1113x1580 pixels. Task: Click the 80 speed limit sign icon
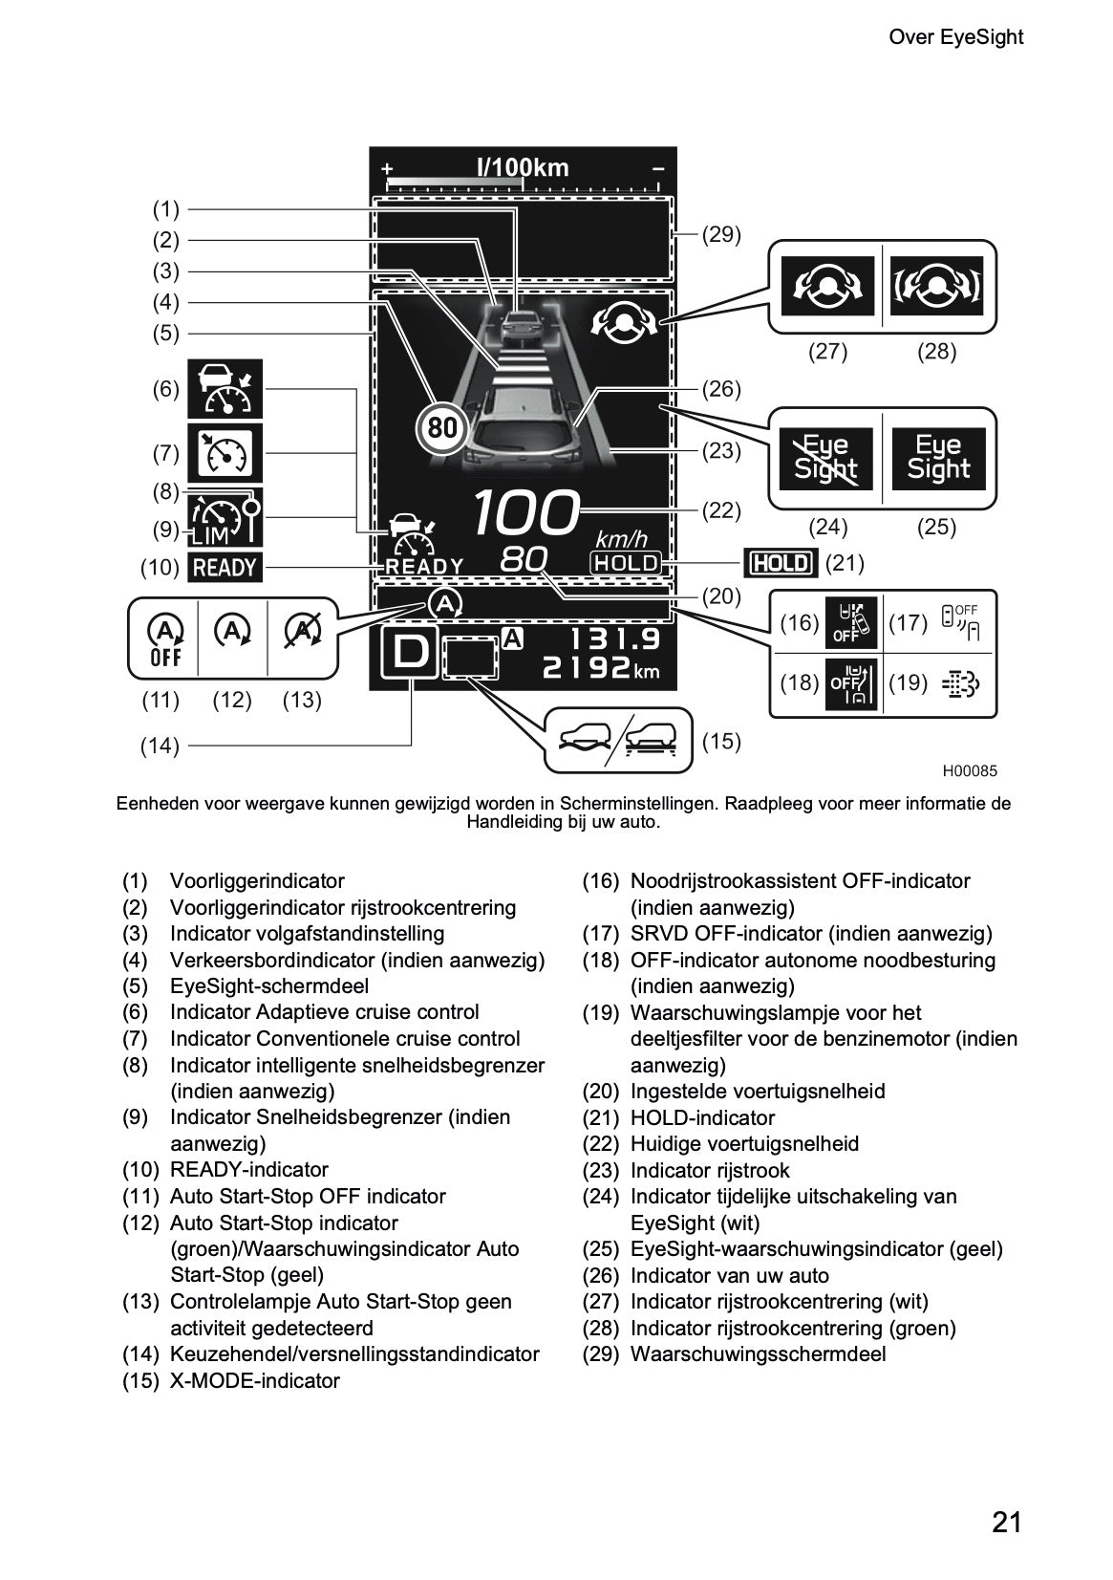(442, 427)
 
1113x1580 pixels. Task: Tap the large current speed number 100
(526, 513)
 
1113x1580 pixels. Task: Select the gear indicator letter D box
(410, 653)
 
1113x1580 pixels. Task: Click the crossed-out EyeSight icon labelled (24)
(825, 459)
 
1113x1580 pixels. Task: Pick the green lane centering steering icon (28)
(936, 286)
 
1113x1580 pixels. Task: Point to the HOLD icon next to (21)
(781, 562)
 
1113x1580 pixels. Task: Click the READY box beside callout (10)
(225, 567)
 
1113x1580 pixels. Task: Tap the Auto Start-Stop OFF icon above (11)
(164, 639)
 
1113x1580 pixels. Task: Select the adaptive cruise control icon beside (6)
(225, 389)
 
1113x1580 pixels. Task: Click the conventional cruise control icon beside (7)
(225, 452)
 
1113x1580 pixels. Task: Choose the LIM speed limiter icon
(225, 519)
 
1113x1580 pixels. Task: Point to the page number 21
(1006, 1521)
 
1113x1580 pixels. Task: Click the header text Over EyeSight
(955, 37)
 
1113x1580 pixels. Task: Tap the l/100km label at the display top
(523, 168)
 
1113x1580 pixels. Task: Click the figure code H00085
(970, 771)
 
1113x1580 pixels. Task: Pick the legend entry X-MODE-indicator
(254, 1380)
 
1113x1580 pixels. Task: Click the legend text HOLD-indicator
(702, 1117)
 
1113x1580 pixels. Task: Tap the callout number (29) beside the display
(721, 234)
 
